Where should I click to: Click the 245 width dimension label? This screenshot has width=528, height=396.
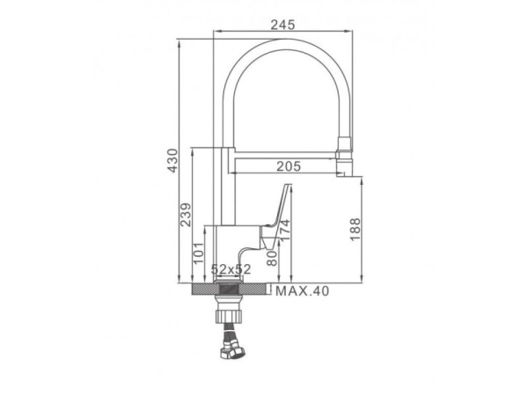pos(282,25)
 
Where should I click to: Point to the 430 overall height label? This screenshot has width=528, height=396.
pos(172,161)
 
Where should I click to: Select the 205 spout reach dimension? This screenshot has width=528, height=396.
pos(289,166)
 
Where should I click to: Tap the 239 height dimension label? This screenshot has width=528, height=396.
pos(185,215)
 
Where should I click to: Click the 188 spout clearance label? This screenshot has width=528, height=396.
pos(355,230)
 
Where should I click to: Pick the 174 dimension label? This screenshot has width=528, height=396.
pos(284,231)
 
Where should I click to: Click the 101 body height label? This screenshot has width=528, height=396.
pos(198,253)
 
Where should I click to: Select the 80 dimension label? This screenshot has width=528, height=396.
pos(271,258)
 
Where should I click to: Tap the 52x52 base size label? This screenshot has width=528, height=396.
pos(231,269)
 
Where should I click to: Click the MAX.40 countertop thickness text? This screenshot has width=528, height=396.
pos(302,291)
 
